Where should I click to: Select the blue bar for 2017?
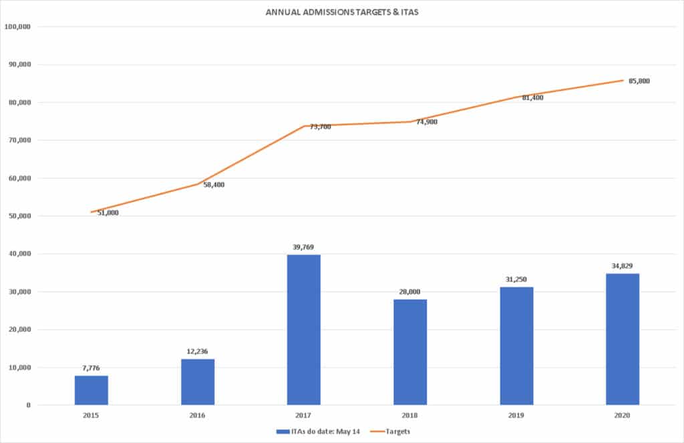pyautogui.click(x=304, y=330)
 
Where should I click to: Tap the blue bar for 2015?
pyautogui.click(x=91, y=390)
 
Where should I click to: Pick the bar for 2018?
pyautogui.click(x=410, y=352)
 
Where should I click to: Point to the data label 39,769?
pyautogui.click(x=304, y=247)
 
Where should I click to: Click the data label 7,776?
pyautogui.click(x=91, y=368)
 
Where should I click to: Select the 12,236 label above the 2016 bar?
pyautogui.click(x=198, y=351)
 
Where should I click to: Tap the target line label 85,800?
pyautogui.click(x=639, y=81)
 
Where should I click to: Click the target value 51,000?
pyautogui.click(x=108, y=213)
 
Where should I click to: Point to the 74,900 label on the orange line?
pyautogui.click(x=427, y=123)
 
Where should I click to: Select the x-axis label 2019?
pyautogui.click(x=516, y=415)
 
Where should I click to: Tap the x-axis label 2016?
pyautogui.click(x=198, y=415)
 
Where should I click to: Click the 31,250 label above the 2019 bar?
pyautogui.click(x=516, y=279)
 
